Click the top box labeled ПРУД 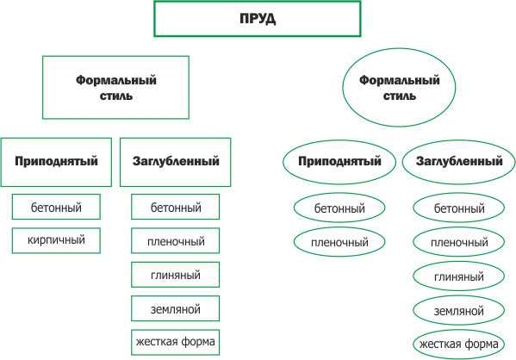tap(258, 19)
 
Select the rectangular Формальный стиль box tap(115, 88)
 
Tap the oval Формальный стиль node tap(399, 88)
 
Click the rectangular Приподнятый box tap(56, 162)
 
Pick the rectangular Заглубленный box tap(176, 162)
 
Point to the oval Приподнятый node tap(339, 162)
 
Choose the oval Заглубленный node tap(459, 162)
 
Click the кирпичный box tap(56, 240)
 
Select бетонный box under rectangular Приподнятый tap(56, 207)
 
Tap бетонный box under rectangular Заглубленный tap(176, 207)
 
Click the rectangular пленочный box tap(176, 240)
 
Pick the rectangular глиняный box tap(176, 275)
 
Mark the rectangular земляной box tap(176, 308)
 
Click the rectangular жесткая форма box tap(176, 342)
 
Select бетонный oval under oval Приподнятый tap(339, 208)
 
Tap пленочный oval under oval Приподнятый tap(339, 242)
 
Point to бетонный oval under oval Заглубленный tap(459, 208)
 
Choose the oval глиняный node tap(459, 276)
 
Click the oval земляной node tap(459, 310)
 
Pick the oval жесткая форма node tap(459, 344)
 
